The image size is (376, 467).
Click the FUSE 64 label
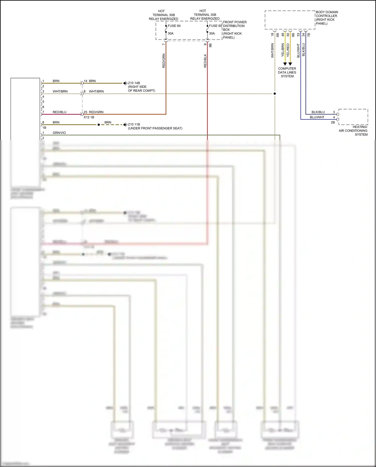tap(174, 26)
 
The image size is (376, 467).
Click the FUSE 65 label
tap(215, 26)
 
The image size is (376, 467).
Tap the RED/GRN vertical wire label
tap(164, 61)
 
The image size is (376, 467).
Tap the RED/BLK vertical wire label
tap(205, 61)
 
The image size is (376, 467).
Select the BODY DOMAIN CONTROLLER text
tap(327, 18)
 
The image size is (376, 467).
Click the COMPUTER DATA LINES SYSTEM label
tap(287, 72)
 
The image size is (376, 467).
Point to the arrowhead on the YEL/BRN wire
tap(285, 64)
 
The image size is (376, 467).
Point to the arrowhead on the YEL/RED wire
tap(290, 64)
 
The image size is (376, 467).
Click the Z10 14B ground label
tap(134, 83)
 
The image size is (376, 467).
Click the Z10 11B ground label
tap(134, 124)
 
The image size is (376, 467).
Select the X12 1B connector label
tap(89, 117)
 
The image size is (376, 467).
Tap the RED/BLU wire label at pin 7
tap(59, 112)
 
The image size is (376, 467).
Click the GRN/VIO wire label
tap(59, 133)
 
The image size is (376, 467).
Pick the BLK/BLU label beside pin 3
tap(318, 112)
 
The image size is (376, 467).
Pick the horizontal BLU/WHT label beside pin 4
tap(317, 117)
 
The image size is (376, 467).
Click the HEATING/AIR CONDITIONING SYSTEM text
tap(353, 131)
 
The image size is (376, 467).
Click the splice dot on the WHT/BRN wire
tap(275, 94)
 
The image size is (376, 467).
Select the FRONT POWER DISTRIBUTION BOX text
tap(235, 30)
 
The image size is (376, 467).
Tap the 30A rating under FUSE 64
tap(170, 33)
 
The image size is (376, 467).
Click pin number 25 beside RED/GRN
tap(85, 112)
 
